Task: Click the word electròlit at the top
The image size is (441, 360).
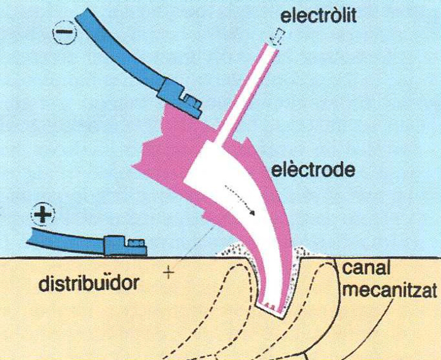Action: coord(318,15)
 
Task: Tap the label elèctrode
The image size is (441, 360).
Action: coord(312,170)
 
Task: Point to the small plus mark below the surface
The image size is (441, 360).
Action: coord(168,273)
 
